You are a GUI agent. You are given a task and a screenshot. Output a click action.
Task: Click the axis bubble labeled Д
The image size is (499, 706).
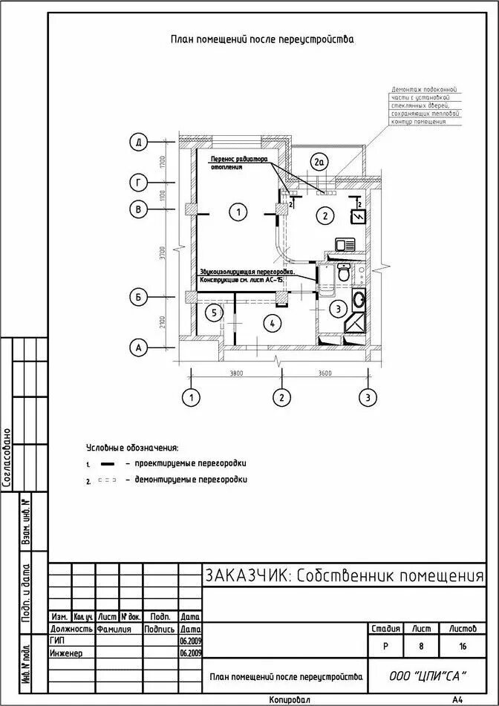pyautogui.click(x=138, y=142)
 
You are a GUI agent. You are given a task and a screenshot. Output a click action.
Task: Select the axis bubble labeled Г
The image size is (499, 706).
pyautogui.click(x=138, y=183)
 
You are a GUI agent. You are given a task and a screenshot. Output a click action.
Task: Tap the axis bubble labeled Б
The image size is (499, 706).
pyautogui.click(x=138, y=298)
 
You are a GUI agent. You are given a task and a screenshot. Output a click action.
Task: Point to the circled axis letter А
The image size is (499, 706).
pyautogui.click(x=138, y=346)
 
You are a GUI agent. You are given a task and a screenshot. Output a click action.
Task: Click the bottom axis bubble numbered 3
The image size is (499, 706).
pyautogui.click(x=366, y=398)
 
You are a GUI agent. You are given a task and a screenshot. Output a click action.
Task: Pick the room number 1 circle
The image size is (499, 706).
pyautogui.click(x=238, y=212)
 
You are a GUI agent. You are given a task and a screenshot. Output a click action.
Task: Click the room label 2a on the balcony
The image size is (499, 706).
pyautogui.click(x=319, y=162)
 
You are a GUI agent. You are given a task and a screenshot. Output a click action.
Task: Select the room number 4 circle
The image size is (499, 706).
pyautogui.click(x=273, y=323)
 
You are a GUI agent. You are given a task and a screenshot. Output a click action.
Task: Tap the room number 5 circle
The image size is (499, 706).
pyautogui.click(x=213, y=313)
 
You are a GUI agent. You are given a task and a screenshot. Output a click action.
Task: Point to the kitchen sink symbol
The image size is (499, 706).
pyautogui.click(x=345, y=244)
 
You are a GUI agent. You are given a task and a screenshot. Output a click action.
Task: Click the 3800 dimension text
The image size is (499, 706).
pyautogui.click(x=236, y=373)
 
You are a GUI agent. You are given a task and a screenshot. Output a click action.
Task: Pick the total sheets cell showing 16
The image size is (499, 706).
pyautogui.click(x=463, y=647)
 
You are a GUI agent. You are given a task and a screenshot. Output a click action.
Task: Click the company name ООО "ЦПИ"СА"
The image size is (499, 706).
pyautogui.click(x=428, y=676)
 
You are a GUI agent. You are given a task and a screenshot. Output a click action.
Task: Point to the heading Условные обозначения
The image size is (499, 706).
pyautogui.click(x=132, y=448)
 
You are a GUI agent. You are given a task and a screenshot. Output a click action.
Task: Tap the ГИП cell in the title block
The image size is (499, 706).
pyautogui.click(x=59, y=640)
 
